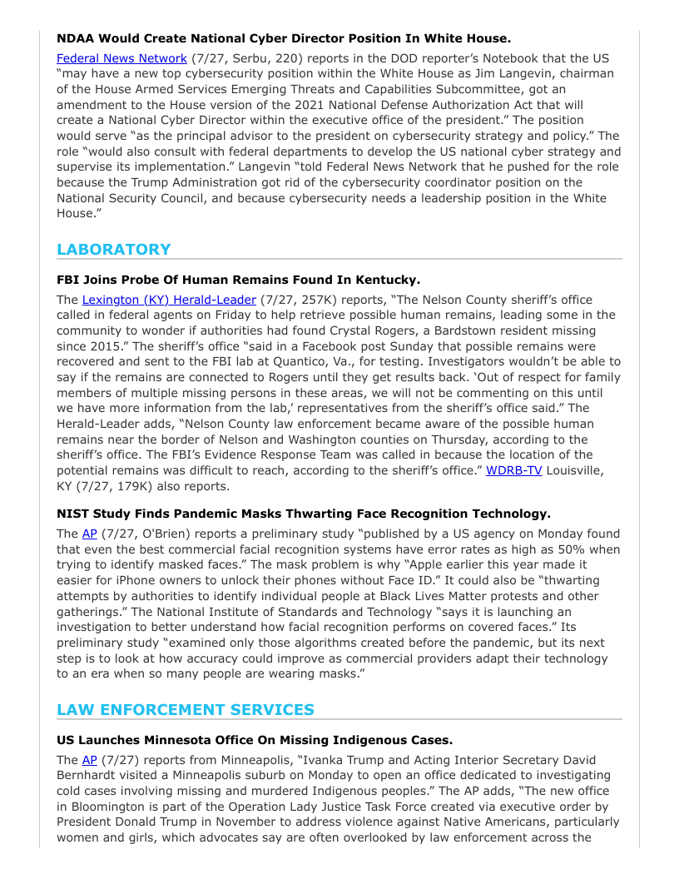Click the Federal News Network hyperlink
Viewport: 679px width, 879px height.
pos(121,58)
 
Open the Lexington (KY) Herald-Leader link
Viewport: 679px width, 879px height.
pos(169,300)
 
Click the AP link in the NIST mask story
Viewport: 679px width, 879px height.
pos(89,534)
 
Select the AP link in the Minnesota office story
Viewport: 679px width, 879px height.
pos(89,760)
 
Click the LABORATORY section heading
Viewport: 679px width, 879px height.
pos(113,250)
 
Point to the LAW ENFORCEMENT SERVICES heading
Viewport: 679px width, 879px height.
pos(186,710)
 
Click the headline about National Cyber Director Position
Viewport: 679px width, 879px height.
pos(283,38)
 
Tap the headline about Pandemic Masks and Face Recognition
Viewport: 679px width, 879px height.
pos(303,514)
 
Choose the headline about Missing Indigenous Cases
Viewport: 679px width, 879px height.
pos(255,740)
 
